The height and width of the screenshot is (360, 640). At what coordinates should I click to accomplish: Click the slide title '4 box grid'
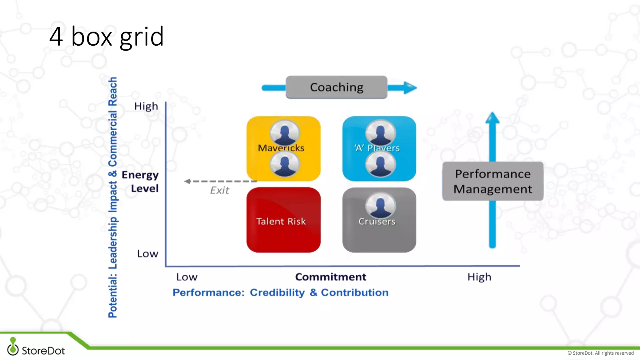106,37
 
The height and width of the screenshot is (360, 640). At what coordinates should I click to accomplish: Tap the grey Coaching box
336,87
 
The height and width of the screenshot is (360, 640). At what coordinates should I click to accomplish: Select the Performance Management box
492,181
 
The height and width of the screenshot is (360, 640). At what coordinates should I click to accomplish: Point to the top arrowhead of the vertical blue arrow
492,118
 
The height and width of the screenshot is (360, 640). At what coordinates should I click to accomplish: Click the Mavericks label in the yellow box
281,148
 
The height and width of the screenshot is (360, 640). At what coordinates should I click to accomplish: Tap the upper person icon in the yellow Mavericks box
284,132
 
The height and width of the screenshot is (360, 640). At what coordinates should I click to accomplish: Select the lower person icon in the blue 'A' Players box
380,164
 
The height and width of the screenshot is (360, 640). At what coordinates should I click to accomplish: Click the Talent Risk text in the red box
281,221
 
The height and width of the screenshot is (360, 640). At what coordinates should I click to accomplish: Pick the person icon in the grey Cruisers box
380,206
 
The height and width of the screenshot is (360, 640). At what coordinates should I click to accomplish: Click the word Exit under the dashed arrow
219,190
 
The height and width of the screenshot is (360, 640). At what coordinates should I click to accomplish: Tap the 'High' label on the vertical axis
146,106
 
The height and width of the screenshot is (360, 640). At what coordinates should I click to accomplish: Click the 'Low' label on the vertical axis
147,254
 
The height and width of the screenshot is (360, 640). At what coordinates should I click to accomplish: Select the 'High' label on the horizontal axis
479,277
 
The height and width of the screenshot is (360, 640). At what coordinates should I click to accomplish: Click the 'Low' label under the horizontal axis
187,277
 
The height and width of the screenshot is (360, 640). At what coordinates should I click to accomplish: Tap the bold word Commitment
330,277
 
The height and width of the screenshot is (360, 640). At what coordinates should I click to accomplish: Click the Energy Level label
140,182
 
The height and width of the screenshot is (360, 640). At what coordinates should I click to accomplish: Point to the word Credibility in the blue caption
277,292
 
